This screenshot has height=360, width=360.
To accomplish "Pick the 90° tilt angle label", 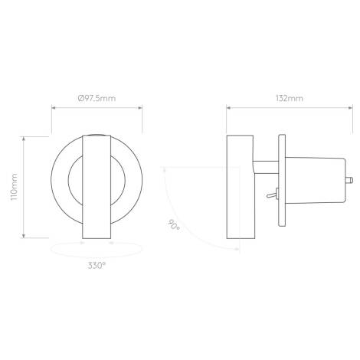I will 174,226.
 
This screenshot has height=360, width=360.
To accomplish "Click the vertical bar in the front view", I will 97,188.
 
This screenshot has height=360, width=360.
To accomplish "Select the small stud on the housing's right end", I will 350,181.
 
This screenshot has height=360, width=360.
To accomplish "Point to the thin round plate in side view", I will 281,181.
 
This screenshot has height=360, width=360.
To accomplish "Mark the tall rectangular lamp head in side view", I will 241,188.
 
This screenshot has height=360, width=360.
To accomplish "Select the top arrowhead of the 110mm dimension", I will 25,139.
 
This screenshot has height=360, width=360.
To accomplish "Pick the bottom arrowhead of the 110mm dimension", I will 25,237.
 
